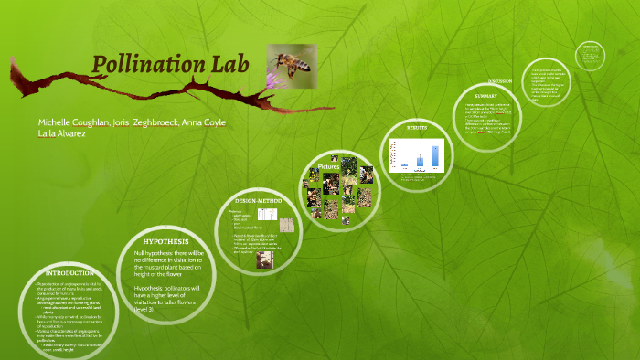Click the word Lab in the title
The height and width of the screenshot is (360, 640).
click(x=224, y=65)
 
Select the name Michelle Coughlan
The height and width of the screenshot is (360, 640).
click(x=71, y=122)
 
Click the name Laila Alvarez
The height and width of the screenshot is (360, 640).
click(x=63, y=133)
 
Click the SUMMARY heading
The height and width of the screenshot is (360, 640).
click(x=485, y=95)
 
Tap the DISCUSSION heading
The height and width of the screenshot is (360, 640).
click(x=524, y=80)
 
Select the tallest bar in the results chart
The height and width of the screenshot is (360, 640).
click(x=436, y=156)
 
